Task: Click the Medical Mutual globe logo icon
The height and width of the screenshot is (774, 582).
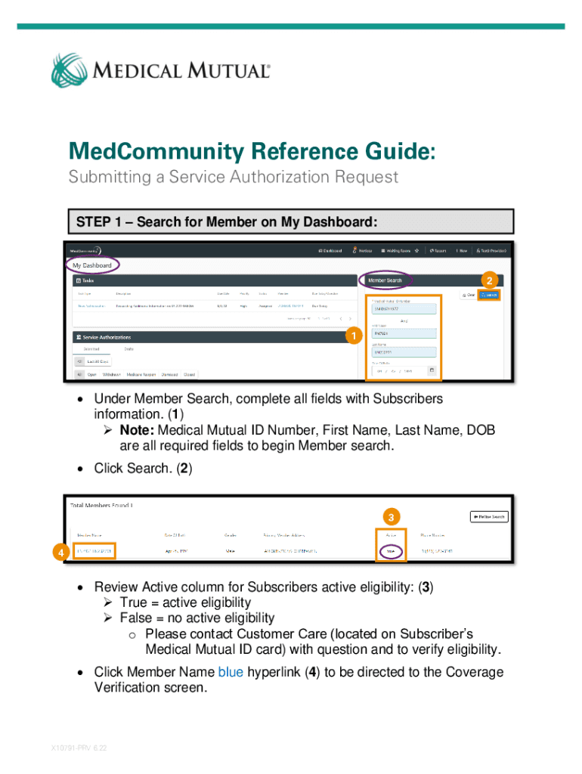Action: [x=70, y=70]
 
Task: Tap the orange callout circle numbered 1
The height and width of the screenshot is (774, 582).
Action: [x=350, y=335]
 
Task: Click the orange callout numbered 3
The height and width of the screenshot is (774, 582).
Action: [x=391, y=517]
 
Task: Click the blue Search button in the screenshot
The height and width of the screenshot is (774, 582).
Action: [x=488, y=294]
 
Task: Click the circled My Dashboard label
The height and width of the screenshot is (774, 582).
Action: [x=92, y=265]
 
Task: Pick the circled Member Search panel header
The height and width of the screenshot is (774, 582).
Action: [x=385, y=280]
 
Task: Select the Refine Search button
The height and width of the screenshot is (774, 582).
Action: [x=488, y=517]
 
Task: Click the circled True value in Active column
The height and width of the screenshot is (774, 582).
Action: [x=391, y=552]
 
